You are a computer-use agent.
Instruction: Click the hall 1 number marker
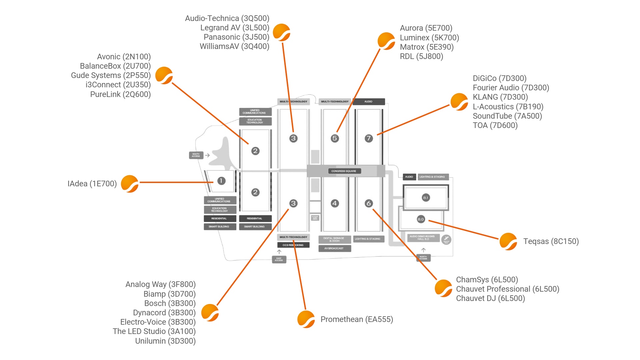pos(221,181)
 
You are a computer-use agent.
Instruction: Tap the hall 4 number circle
pos(335,203)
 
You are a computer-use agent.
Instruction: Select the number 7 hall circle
pos(368,138)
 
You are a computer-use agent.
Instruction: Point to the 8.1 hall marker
pos(426,198)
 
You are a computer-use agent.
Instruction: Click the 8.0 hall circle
pos(421,219)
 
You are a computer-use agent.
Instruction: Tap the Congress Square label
pos(344,171)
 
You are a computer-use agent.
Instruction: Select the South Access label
pos(196,155)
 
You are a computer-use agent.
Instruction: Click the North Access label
pos(423,258)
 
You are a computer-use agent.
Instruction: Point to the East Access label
pos(279,259)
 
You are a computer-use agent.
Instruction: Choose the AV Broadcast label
pos(334,248)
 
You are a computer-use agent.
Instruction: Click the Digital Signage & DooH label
pos(334,239)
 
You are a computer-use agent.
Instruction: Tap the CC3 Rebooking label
pos(293,245)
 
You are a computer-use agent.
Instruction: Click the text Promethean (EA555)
pos(357,319)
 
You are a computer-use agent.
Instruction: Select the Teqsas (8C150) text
pos(551,241)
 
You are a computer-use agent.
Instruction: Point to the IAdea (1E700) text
pos(92,184)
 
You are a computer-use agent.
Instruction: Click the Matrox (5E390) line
pos(427,47)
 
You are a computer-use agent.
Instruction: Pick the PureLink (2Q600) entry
pos(120,94)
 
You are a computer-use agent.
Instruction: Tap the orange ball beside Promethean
pos(306,319)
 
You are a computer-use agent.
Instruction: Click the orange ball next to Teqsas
pos(508,241)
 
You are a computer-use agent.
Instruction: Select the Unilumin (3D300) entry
pos(165,341)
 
